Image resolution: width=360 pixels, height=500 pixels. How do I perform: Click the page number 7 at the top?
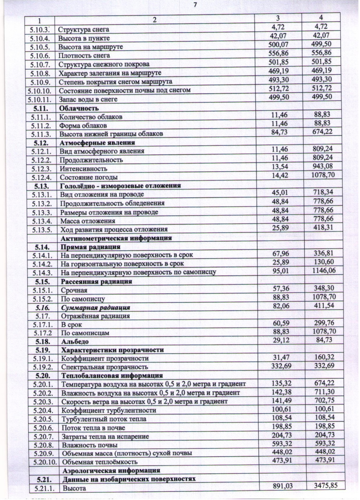click(x=195, y=5)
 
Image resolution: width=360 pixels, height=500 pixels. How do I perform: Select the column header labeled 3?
click(x=278, y=18)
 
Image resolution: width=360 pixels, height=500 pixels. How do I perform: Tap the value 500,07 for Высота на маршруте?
click(x=278, y=45)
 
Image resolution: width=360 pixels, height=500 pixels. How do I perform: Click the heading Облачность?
click(x=79, y=108)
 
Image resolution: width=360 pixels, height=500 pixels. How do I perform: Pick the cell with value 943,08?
click(x=323, y=166)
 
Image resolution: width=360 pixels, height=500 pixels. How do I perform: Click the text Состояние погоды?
click(x=89, y=177)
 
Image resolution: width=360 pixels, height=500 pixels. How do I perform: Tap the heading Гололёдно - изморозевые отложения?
click(x=120, y=186)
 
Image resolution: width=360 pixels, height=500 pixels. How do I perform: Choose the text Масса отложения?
click(x=87, y=221)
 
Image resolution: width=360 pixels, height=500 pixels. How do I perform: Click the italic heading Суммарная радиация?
click(x=95, y=308)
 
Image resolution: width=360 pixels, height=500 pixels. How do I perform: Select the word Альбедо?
click(x=75, y=342)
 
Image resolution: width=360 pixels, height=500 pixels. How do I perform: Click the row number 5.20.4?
click(x=43, y=410)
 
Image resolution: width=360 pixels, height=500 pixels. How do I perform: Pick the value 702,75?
click(x=323, y=400)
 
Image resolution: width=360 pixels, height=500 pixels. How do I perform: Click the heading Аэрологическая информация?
click(x=111, y=471)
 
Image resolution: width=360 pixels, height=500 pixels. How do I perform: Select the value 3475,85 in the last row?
click(x=325, y=486)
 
